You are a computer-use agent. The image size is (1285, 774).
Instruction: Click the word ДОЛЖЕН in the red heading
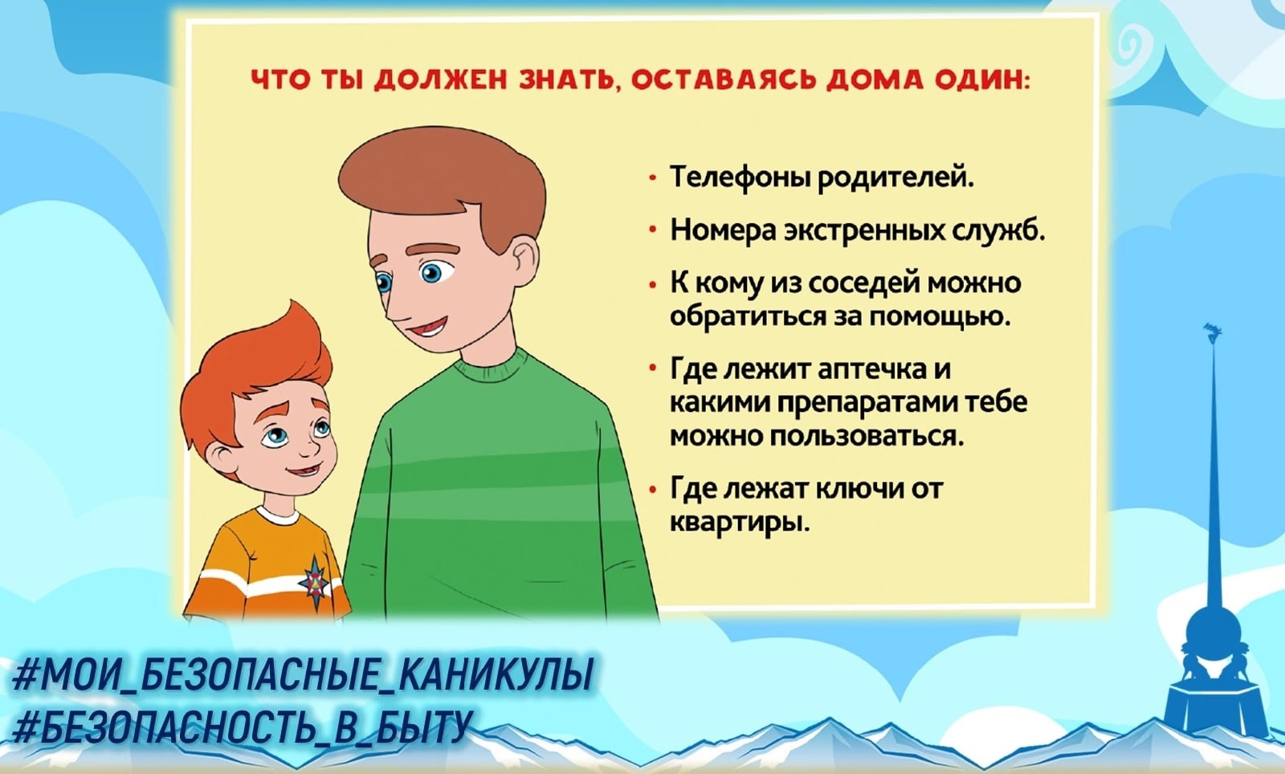440,79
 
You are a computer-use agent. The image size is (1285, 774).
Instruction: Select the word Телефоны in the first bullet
740,177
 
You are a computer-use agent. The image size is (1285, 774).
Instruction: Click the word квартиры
740,523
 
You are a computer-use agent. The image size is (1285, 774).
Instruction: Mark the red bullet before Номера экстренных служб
652,230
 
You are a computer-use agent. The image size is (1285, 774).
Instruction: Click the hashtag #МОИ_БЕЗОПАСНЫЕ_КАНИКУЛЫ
302,674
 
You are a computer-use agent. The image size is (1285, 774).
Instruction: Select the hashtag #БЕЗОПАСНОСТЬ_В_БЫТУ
242,727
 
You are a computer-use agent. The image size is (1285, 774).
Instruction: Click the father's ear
523,261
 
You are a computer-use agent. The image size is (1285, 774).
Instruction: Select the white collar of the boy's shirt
277,514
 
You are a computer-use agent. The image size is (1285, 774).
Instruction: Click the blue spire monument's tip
1212,328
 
